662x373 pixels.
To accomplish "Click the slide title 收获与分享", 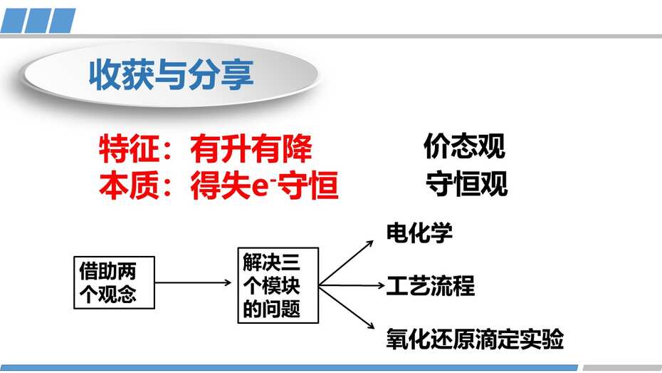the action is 171,74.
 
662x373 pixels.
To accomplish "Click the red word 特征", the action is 129,149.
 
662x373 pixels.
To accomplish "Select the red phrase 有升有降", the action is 251,149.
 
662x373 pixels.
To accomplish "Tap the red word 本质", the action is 129,185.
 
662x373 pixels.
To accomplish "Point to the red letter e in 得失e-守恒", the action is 259,188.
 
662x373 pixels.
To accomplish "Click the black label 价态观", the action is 464,146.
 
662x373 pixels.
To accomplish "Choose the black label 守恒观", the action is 466,183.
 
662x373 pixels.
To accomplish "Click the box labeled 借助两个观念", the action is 114,282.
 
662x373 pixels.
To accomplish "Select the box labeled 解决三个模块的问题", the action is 278,285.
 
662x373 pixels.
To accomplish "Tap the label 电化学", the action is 419,233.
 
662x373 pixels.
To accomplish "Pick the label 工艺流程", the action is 430,285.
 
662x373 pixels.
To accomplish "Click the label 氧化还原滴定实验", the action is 475,339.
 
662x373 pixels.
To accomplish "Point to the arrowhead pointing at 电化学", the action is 370,243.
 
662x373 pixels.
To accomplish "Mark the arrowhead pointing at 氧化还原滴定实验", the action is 371,325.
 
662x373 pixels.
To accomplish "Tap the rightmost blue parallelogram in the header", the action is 63,20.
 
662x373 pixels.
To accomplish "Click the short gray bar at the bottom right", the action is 622,367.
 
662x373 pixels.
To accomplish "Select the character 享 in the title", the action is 238,74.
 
